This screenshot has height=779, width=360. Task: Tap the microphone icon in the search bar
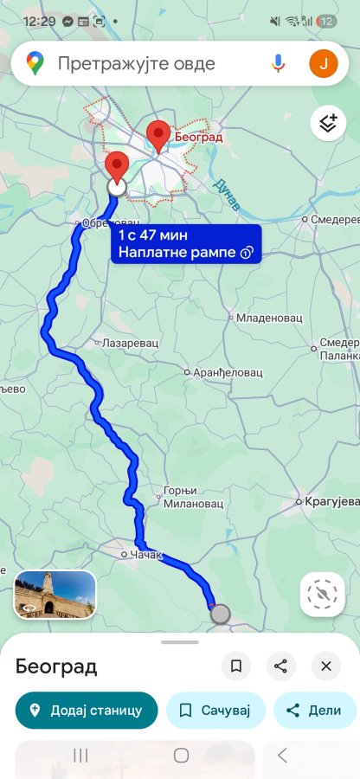tap(278, 63)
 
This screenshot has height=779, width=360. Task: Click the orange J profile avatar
tap(324, 63)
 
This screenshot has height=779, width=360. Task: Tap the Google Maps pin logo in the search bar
tap(35, 63)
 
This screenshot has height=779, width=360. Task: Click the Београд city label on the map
tap(198, 137)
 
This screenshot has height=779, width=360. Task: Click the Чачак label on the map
tap(145, 554)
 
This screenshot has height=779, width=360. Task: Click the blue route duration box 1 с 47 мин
tap(185, 243)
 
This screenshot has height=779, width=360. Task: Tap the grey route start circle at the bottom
tap(221, 614)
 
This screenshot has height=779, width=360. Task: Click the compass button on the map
tap(323, 594)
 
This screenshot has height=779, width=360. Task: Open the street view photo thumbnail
tap(55, 594)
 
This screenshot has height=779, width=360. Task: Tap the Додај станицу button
tap(87, 710)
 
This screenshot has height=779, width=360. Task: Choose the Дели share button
tap(316, 710)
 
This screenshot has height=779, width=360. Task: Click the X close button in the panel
tap(326, 666)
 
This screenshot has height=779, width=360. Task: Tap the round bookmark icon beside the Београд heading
tap(235, 666)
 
